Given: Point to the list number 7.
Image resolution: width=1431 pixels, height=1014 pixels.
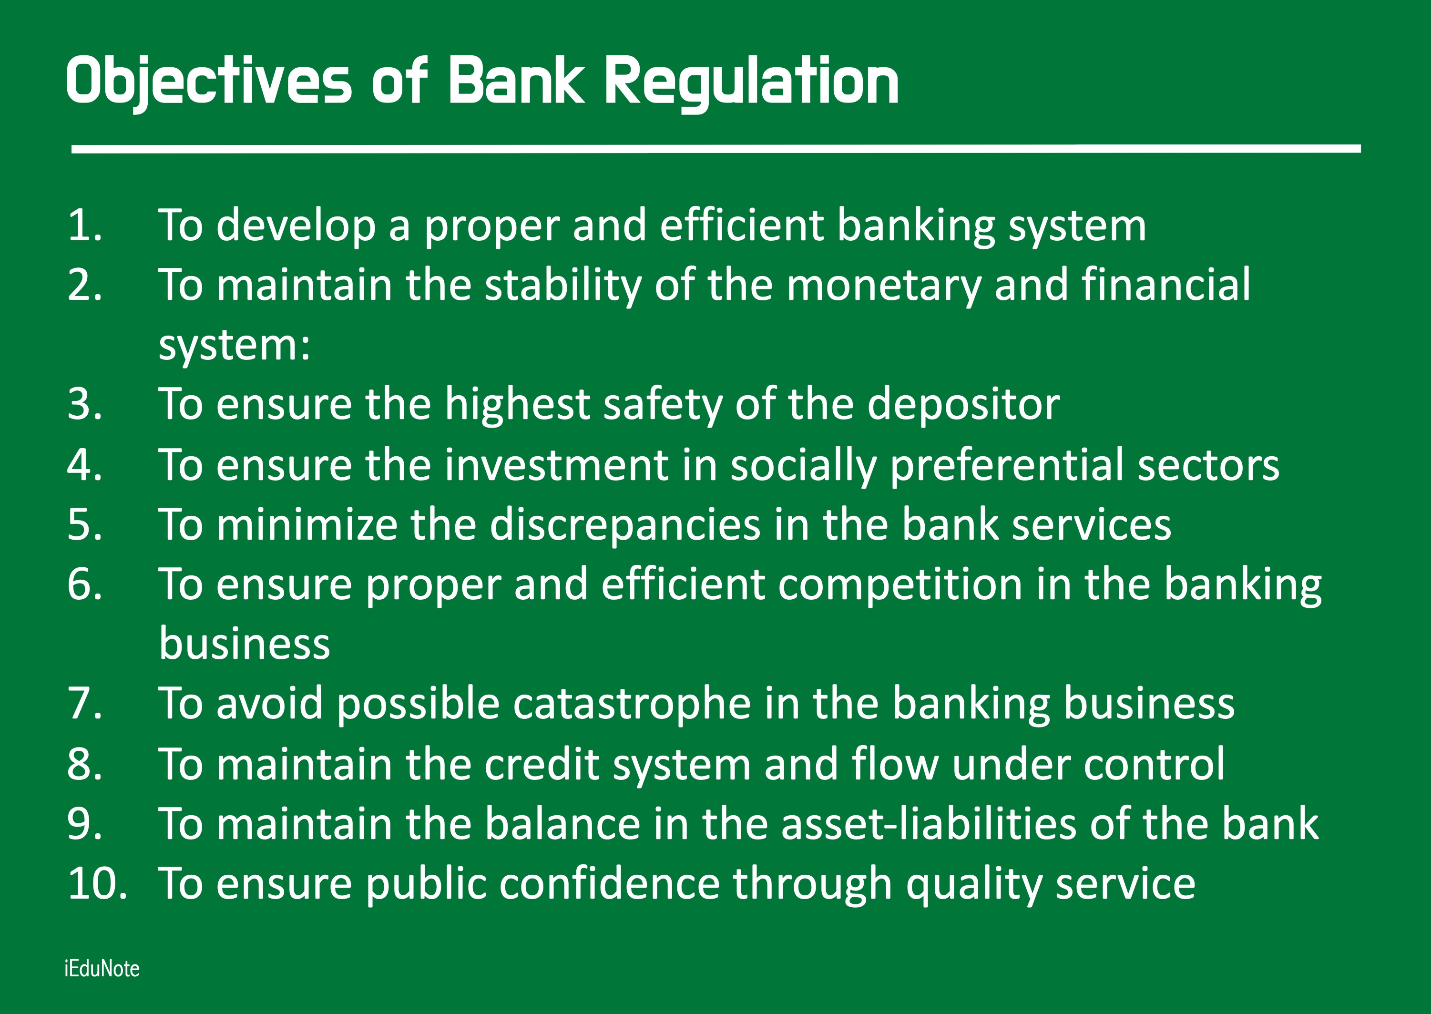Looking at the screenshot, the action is (85, 704).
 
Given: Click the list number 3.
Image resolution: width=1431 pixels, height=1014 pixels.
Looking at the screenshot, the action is (85, 404).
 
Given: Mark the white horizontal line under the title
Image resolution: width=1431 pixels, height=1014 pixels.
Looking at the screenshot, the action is (716, 149).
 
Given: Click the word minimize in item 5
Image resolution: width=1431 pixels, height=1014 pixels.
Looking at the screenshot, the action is (307, 524).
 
